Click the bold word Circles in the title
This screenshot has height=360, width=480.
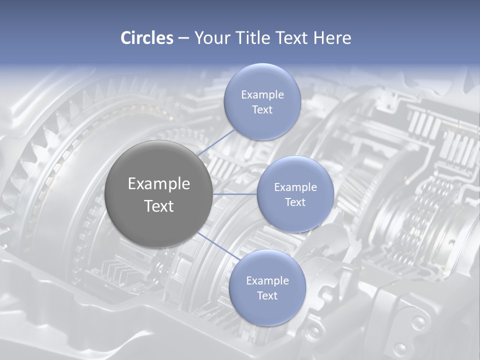coord(146,38)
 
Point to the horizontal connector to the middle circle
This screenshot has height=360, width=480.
coord(235,194)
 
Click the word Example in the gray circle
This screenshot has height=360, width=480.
coord(159,184)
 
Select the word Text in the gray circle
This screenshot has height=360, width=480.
coord(159,206)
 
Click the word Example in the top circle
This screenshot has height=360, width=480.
coord(262,95)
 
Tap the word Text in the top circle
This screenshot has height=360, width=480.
coord(262,110)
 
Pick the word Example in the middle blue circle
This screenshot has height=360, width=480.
coord(295,187)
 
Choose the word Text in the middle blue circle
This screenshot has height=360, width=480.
coord(295,202)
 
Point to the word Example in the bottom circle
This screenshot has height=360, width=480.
coord(267,281)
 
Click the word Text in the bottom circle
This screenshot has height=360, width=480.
coord(267,296)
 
